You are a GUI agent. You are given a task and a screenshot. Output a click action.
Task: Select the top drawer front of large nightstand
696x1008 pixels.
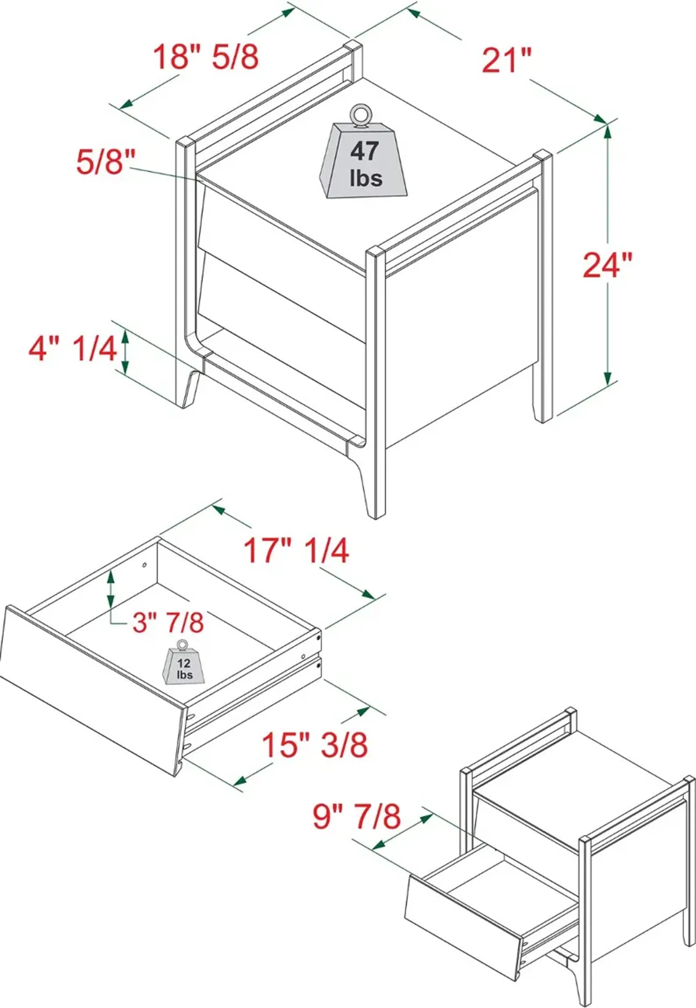click(x=281, y=227)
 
